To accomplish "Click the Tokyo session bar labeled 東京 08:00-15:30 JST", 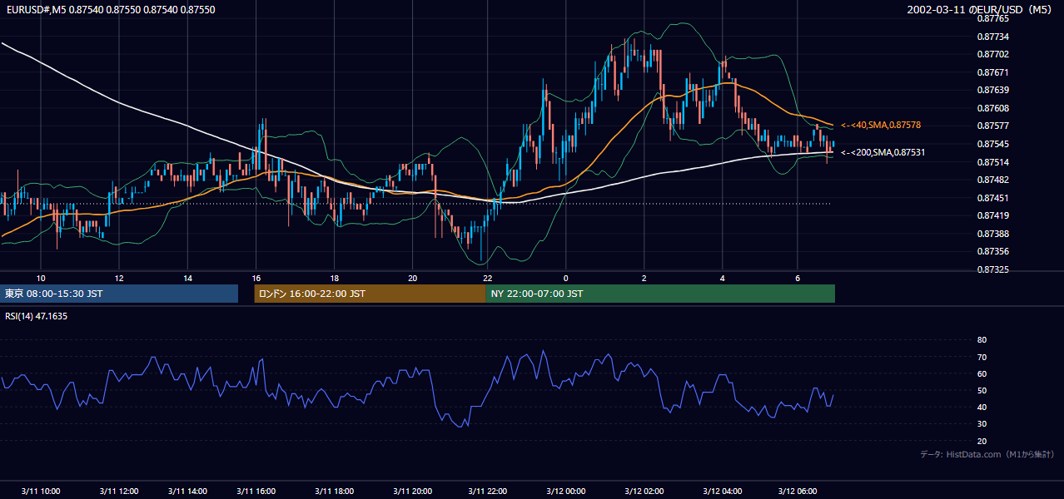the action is tap(119, 294).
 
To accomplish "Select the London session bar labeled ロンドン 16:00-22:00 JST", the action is tap(370, 294).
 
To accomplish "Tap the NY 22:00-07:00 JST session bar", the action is tap(660, 294).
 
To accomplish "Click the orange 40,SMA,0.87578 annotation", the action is tap(881, 126).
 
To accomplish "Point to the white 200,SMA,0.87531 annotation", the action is tap(883, 152).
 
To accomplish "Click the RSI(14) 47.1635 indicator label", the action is tap(36, 316).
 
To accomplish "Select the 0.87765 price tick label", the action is tap(992, 19).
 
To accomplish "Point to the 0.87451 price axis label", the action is tap(992, 198).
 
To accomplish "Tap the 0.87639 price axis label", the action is tap(992, 90).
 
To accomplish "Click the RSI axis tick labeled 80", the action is tap(982, 339).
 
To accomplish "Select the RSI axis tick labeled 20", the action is tap(982, 441).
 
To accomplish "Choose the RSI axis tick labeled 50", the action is tap(982, 390).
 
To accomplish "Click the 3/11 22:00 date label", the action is tap(487, 491).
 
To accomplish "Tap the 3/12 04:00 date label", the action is tap(723, 491).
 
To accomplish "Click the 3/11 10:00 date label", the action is tap(40, 491).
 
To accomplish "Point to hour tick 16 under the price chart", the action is tap(256, 279).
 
